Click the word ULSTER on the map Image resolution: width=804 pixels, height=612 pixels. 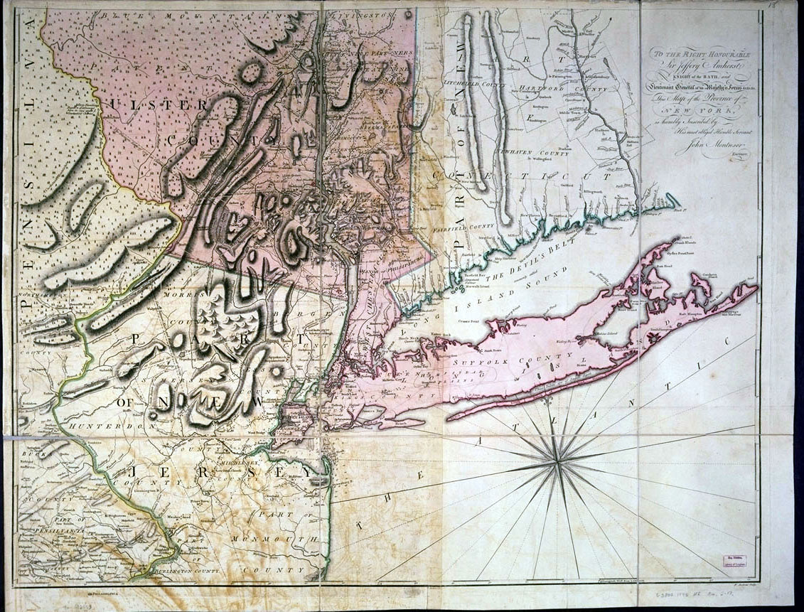[158, 105]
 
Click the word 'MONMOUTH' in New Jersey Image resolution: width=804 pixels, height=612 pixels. [281, 541]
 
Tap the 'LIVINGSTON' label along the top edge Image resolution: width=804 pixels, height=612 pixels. [363, 14]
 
